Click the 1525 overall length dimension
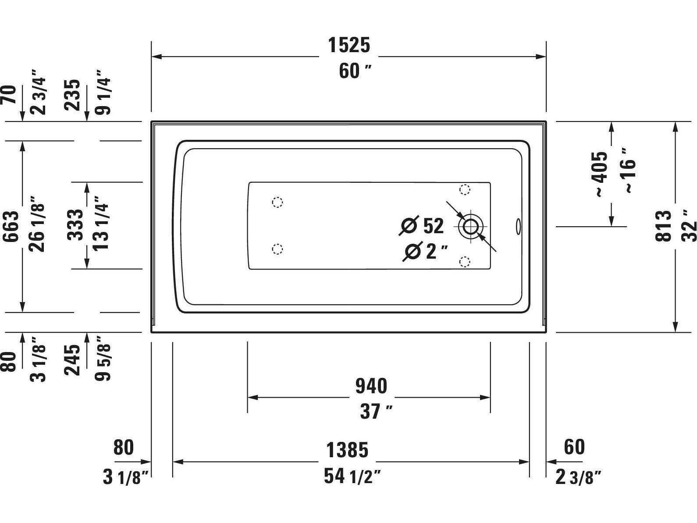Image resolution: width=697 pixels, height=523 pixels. click(x=349, y=45)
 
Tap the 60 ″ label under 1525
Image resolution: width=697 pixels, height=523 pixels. click(x=355, y=71)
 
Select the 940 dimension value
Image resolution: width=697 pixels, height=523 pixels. click(x=371, y=386)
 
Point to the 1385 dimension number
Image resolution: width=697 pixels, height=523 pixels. click(x=347, y=450)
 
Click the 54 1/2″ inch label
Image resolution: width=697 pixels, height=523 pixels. click(x=352, y=477)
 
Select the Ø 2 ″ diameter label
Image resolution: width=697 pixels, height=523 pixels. click(x=426, y=251)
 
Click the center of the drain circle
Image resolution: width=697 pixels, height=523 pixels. click(x=471, y=227)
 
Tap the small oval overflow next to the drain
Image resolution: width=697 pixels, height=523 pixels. click(x=519, y=226)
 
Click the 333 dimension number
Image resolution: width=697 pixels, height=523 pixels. click(x=75, y=224)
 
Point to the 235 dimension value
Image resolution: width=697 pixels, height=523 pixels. click(x=73, y=95)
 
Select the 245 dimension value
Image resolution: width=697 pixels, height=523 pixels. click(x=73, y=360)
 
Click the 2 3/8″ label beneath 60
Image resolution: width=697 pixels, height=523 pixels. click(x=577, y=477)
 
